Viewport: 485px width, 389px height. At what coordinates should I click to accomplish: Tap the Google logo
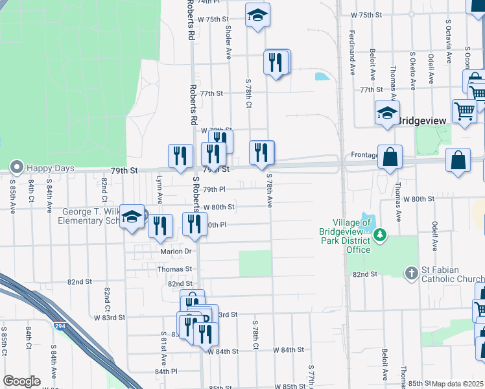21,381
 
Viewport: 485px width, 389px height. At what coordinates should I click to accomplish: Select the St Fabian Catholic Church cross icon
412,273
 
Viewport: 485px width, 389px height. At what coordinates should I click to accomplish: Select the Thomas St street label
174,268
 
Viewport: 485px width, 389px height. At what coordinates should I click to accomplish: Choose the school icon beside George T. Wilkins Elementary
132,217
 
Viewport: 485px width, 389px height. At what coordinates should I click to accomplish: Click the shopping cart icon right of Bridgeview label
464,112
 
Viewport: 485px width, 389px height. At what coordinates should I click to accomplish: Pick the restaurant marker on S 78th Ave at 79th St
261,152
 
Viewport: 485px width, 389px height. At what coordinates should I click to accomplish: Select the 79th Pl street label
214,190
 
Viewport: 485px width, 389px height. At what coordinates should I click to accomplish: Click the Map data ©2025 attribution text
458,384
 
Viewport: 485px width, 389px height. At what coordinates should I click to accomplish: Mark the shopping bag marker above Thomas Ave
390,157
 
